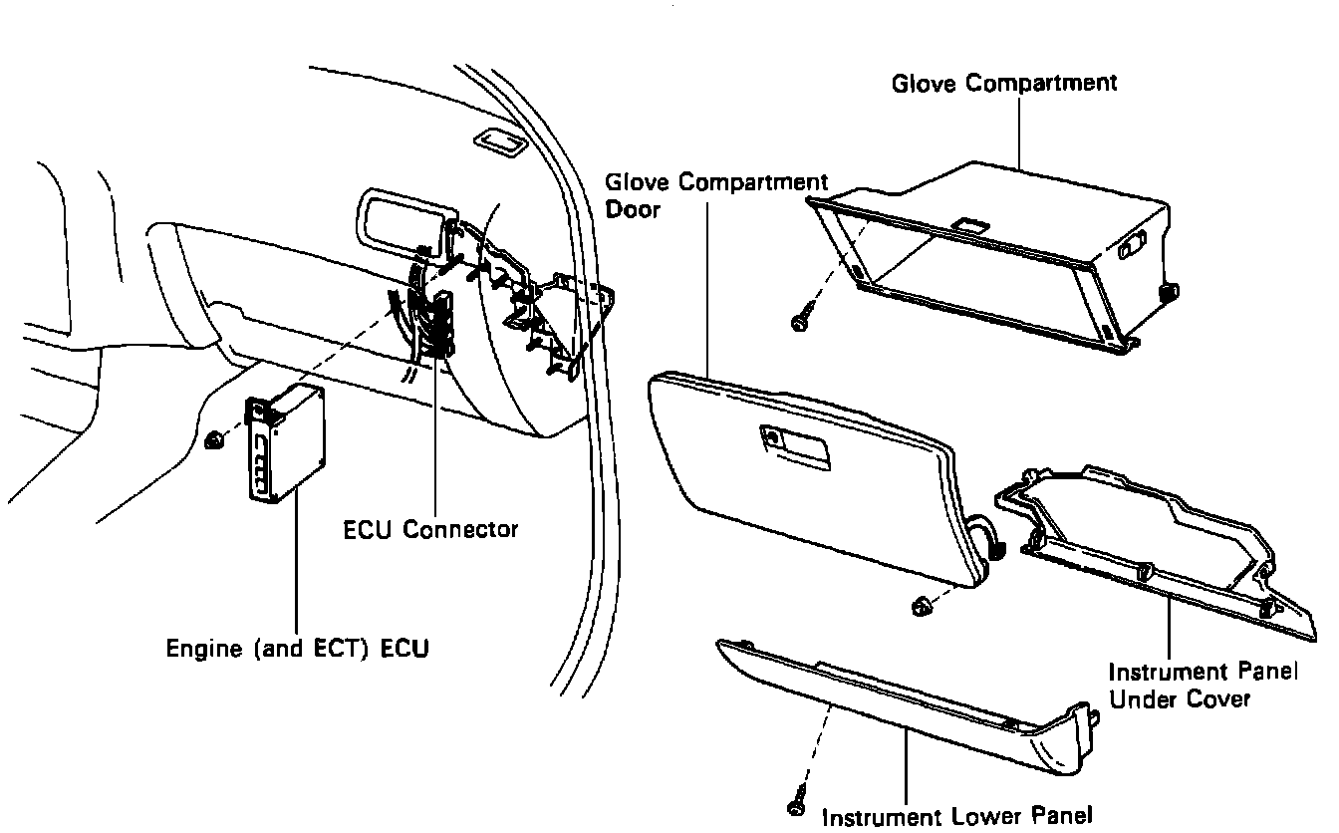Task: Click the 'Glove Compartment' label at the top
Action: tap(1004, 83)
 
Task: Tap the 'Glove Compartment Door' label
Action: tap(716, 195)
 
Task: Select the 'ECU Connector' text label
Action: tap(430, 529)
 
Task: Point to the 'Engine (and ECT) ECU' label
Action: tap(298, 650)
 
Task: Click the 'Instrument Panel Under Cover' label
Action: tap(1204, 686)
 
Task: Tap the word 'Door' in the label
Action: tap(633, 210)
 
